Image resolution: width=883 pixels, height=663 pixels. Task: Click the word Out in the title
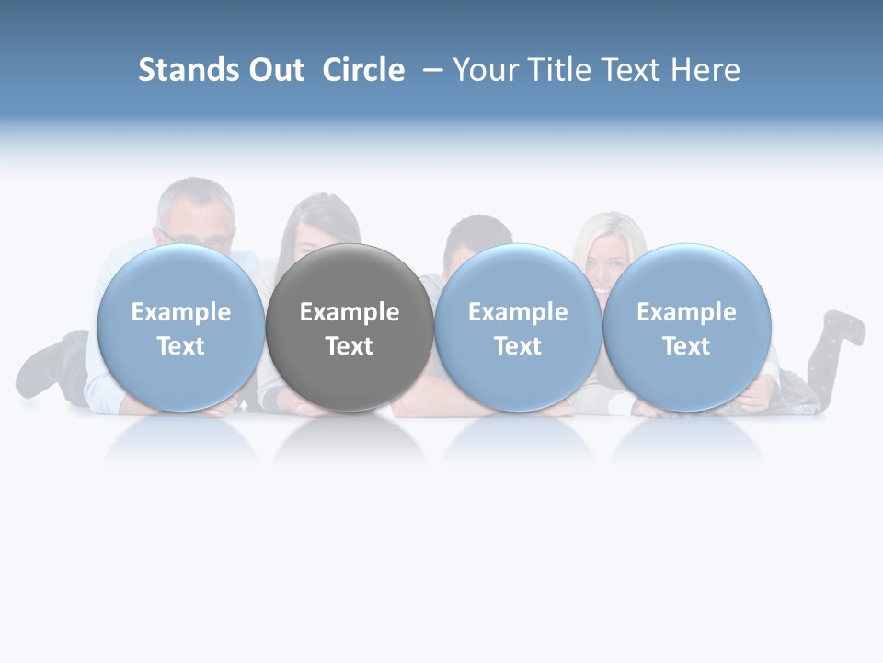[277, 70]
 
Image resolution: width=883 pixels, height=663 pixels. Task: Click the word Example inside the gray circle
[350, 312]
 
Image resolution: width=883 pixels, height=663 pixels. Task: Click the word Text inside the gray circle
[350, 346]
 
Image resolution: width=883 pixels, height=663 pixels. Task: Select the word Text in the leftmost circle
[180, 346]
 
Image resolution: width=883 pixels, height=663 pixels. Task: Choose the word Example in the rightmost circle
[687, 312]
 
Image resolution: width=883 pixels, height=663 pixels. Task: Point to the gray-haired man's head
[196, 212]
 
